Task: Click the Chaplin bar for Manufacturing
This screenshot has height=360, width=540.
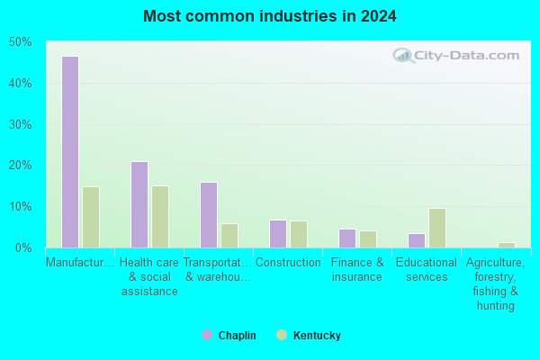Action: (x=70, y=152)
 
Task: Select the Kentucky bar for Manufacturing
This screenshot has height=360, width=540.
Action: (x=91, y=217)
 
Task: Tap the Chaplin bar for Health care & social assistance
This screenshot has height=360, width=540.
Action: (x=139, y=204)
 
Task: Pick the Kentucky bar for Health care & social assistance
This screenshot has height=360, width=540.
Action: (x=160, y=217)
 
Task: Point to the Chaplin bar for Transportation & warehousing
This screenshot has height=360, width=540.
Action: (x=209, y=215)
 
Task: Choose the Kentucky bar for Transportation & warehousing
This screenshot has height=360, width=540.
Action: (x=229, y=236)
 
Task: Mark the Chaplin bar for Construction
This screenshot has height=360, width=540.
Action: (x=278, y=234)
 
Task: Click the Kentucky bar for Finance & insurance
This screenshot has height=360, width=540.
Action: (x=368, y=239)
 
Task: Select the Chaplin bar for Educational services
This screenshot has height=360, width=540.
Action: (x=417, y=241)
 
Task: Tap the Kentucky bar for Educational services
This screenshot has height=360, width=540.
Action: (x=437, y=228)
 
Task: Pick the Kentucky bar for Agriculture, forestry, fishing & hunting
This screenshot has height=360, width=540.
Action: (x=507, y=246)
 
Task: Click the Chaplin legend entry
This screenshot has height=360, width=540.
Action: (x=229, y=335)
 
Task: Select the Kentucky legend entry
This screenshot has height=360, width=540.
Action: (x=309, y=335)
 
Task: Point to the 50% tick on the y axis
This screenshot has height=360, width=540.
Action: (x=21, y=42)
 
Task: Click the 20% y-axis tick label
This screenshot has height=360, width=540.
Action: (x=21, y=166)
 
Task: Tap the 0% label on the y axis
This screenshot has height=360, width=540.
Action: (x=23, y=247)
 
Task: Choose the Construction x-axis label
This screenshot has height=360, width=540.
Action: (x=288, y=263)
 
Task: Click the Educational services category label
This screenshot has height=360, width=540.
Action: (x=427, y=269)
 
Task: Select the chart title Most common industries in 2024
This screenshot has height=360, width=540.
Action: (x=270, y=16)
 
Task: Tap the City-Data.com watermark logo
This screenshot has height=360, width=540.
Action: (x=455, y=56)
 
